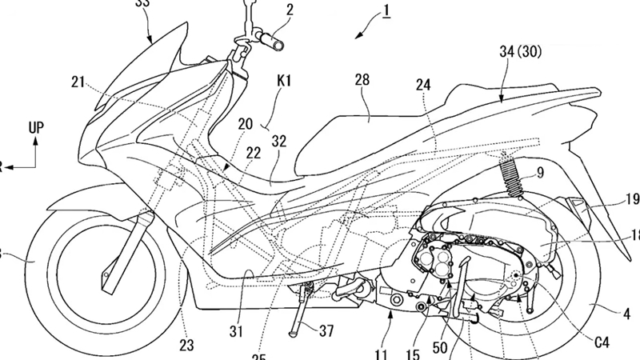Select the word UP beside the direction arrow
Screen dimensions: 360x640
click(35, 127)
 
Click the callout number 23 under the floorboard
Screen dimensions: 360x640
click(186, 346)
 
